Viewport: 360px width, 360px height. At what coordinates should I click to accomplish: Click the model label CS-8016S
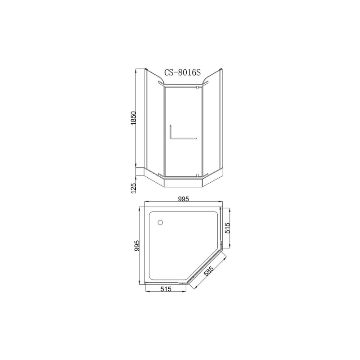coord(183,72)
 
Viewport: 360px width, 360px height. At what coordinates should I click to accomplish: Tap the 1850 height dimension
coord(133,118)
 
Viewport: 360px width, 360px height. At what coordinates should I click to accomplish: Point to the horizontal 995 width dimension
coord(184,199)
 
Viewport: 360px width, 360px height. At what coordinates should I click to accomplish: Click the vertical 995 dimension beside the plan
coord(136,246)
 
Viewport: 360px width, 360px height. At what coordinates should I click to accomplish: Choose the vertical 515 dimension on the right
coord(227,228)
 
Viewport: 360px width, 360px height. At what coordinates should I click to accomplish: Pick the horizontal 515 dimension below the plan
coord(166,289)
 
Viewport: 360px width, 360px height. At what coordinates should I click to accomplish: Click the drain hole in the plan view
coord(160,222)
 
